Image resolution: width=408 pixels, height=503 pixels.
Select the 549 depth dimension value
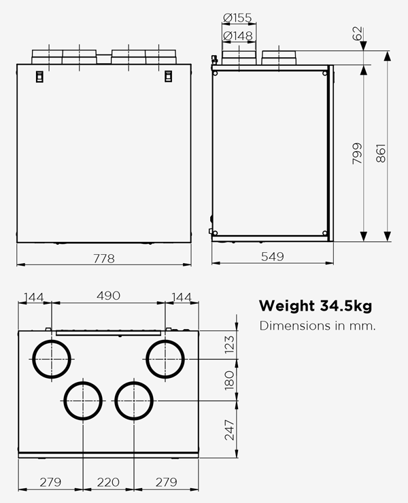272,256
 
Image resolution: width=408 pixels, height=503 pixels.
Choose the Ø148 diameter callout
237,35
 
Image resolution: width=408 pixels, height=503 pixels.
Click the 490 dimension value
107,296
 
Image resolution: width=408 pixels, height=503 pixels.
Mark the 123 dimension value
228,345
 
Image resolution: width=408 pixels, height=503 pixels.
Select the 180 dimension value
228,379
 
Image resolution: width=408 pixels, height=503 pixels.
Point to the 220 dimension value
107,483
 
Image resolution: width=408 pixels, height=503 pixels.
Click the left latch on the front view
39,75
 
